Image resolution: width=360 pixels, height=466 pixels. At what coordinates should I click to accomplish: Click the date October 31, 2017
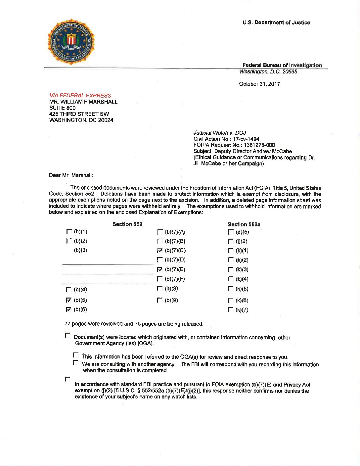tap(259, 84)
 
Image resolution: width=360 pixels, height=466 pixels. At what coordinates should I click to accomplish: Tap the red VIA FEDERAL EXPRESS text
tap(80, 95)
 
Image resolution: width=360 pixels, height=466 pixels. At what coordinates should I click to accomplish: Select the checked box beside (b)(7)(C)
tap(160, 250)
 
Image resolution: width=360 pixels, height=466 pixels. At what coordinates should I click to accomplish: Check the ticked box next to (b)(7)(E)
tap(160, 269)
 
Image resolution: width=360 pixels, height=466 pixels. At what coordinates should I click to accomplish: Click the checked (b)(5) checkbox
tap(69, 300)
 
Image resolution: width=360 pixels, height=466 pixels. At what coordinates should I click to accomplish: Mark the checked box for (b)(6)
tap(69, 309)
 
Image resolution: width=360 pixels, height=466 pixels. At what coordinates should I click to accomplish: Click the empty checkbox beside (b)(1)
tap(69, 232)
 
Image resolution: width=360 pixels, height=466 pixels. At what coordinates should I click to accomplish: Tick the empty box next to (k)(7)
tap(231, 310)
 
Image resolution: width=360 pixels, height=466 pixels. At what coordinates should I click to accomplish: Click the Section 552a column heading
tap(244, 224)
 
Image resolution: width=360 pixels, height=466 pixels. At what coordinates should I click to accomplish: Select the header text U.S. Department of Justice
tap(276, 23)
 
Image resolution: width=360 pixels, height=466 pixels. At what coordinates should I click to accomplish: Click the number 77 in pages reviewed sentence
tap(67, 324)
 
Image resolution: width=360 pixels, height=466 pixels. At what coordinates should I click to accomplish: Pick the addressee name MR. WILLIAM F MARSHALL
tap(83, 102)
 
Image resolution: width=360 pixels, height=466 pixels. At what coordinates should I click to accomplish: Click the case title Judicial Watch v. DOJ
tap(220, 133)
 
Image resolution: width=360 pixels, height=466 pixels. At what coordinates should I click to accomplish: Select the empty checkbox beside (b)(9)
tap(160, 301)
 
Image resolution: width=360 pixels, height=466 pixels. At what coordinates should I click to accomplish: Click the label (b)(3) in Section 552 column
tap(80, 250)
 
